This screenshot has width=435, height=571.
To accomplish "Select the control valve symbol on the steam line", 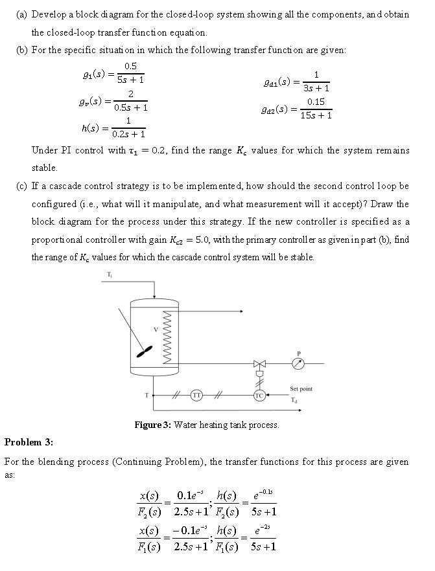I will [259, 363].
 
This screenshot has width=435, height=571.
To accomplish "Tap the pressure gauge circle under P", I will [298, 363].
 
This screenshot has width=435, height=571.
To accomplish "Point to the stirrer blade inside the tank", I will [144, 351].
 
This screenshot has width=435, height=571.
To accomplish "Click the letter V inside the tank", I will [155, 330].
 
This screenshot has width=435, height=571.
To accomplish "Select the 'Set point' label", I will [301, 388].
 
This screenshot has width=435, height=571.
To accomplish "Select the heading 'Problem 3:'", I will [29, 442].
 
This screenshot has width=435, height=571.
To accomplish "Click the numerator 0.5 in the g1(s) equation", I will [130, 67].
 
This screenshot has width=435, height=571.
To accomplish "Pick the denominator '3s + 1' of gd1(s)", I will [315, 88].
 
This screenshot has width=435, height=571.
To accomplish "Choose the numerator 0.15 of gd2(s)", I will [316, 102].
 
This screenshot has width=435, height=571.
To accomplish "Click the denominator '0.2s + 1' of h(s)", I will [129, 134].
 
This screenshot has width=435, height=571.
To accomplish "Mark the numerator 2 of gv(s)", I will [130, 95].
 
